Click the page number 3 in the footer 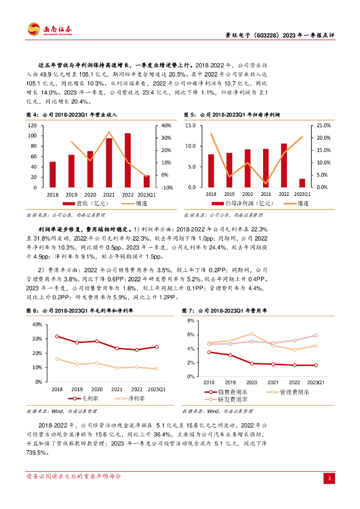click(x=329, y=479)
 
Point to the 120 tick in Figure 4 click(x=33, y=125)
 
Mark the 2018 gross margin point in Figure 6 click(x=57, y=337)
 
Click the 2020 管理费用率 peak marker click(x=252, y=334)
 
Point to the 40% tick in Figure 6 click(x=37, y=324)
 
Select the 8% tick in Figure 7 click(x=196, y=321)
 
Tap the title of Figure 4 click(x=71, y=115)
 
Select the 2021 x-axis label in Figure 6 click(x=117, y=390)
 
